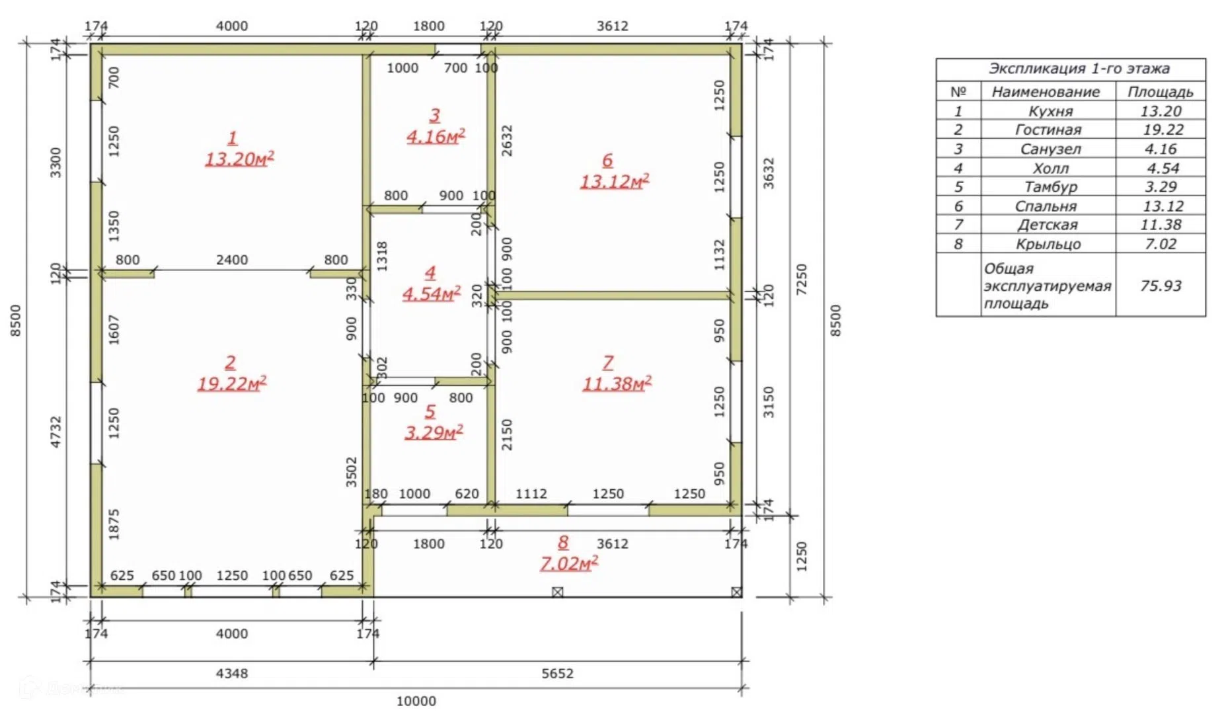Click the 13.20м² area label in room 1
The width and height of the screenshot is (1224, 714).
pos(239,159)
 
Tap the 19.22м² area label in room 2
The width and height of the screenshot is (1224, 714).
pos(232,383)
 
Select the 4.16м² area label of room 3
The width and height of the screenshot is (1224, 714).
pos(436,136)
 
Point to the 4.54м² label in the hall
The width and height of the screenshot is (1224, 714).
pos(432,294)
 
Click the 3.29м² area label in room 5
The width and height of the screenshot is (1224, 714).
pos(434,432)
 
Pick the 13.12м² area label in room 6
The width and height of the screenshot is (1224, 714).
pos(615,181)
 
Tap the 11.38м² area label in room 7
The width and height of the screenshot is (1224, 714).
pos(617,383)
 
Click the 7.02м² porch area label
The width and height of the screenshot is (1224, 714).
pos(569,563)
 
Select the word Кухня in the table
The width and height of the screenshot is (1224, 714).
pos(1050,111)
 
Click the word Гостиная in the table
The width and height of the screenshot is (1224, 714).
pos(1048,130)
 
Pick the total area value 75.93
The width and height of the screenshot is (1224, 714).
pos(1161,286)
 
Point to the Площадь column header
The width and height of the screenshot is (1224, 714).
pos(1161,92)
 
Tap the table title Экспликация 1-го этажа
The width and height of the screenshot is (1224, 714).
pos(1079,69)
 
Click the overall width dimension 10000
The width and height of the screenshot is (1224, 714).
pos(416,701)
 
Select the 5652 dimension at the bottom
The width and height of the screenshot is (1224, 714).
pos(557,673)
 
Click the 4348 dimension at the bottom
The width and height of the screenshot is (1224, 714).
pos(232,673)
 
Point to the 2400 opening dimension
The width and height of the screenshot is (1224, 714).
pos(232,260)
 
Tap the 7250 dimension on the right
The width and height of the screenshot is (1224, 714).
pos(801,280)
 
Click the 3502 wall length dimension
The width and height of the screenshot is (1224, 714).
pos(351,471)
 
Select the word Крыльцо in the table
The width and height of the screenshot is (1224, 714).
pos(1048,244)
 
